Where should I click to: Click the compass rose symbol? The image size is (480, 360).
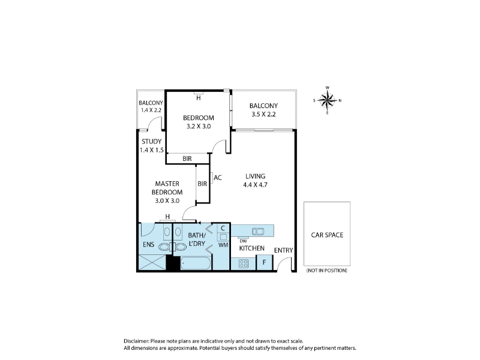[x=328, y=100]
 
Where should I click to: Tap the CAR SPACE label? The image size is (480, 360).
[x=327, y=235]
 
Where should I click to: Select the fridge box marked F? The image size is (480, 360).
[x=264, y=263]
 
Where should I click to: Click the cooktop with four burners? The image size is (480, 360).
[x=244, y=263]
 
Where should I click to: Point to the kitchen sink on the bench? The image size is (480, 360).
[x=258, y=231]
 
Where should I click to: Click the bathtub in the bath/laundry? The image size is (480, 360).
[x=196, y=263]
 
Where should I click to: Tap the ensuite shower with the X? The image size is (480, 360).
[x=152, y=263]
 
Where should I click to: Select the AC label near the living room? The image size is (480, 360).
[x=218, y=178]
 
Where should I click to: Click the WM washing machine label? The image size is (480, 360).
[x=223, y=245]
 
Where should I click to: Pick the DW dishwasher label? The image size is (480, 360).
[x=244, y=241]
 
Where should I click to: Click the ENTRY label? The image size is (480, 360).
[x=283, y=250]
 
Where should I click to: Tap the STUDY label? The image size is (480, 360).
[x=152, y=142]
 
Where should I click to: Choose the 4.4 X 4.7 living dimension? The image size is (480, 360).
[x=256, y=185]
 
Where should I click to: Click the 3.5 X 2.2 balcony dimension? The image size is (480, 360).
[x=263, y=114]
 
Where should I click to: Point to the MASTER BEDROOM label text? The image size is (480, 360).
[x=167, y=188]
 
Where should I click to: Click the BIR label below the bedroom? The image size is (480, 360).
[x=187, y=158]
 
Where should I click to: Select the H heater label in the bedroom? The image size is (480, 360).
[x=199, y=98]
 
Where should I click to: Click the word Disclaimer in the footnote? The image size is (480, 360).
[x=136, y=341]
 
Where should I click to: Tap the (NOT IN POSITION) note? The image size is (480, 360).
[x=327, y=271]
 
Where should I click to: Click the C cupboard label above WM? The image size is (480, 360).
[x=223, y=228]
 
